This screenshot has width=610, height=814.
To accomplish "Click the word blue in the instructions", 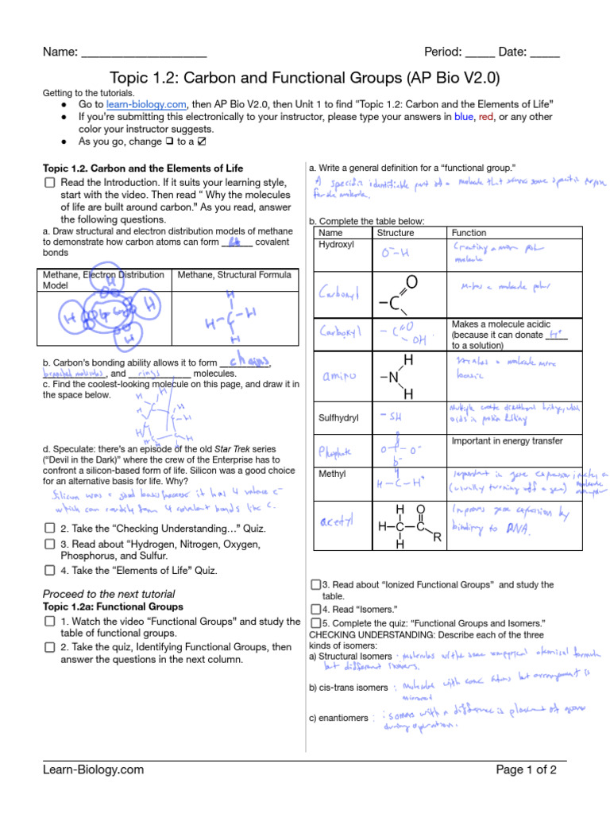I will (x=463, y=117).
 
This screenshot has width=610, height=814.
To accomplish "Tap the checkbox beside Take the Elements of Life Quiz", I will (x=49, y=570).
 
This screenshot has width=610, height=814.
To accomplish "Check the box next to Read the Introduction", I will (x=49, y=183).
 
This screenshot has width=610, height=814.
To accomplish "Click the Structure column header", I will (x=395, y=232).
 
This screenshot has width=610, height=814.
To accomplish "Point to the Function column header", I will (x=469, y=232).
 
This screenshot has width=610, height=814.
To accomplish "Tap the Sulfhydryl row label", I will (x=339, y=417).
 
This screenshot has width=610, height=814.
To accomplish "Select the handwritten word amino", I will (x=337, y=374).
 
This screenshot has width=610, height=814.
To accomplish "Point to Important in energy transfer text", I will (x=507, y=440).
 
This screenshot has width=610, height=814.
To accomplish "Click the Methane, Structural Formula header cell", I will (x=234, y=275).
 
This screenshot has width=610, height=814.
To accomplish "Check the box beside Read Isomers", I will (x=315, y=610).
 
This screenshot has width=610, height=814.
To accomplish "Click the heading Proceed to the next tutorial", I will (x=108, y=594).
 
